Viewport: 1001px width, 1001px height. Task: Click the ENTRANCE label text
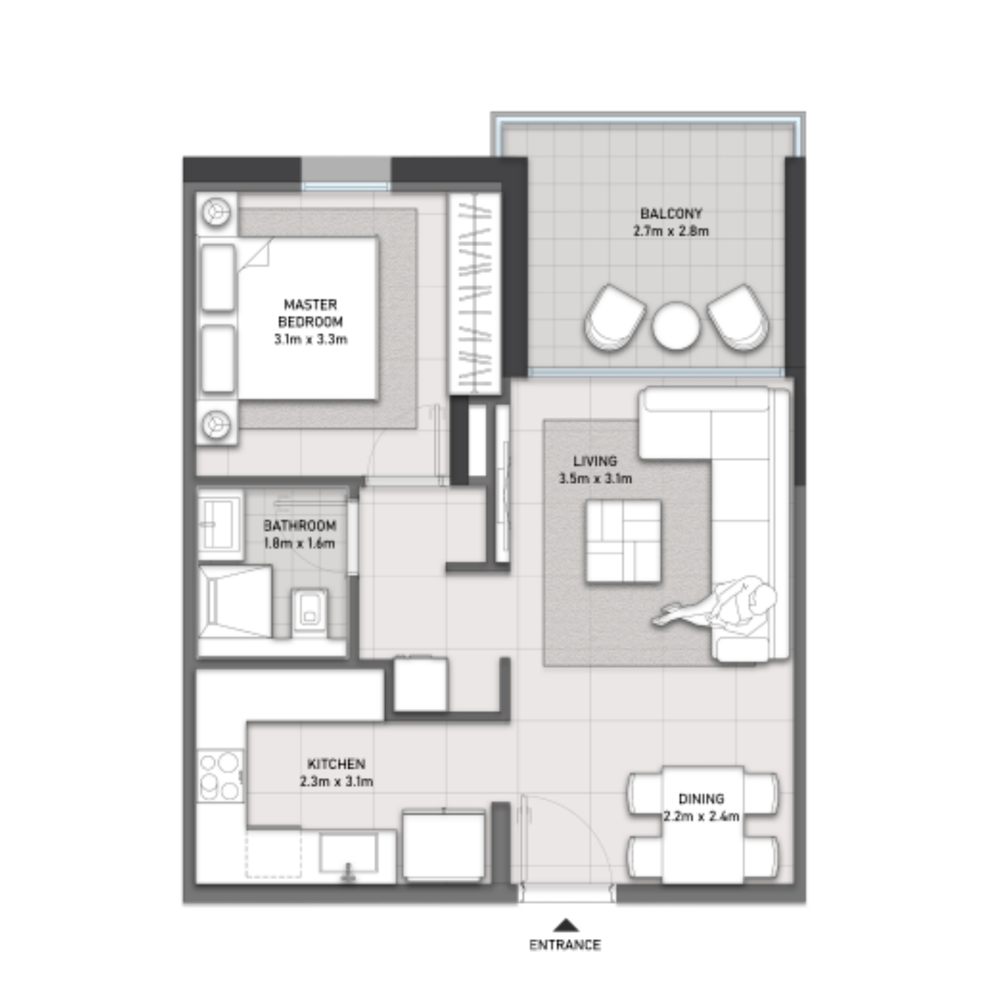[564, 944]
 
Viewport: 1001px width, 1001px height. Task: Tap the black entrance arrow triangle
[566, 925]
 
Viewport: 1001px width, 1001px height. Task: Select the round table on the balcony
[675, 326]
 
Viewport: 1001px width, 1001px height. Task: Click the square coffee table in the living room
[623, 541]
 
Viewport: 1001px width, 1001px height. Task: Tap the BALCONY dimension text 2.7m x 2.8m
[671, 231]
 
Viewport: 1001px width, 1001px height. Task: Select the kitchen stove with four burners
[220, 776]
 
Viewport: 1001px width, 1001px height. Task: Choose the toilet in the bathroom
[311, 613]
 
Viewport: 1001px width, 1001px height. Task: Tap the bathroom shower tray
[235, 601]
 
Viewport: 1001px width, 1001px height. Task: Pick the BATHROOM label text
[299, 525]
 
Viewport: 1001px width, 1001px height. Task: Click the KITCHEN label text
[336, 764]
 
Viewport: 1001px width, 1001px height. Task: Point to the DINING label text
[701, 799]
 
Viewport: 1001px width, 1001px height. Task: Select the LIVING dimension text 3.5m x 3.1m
[595, 479]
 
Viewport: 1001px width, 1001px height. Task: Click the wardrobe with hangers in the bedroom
[475, 294]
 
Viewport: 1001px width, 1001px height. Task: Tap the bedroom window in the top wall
[345, 186]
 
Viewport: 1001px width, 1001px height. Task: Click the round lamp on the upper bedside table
[216, 212]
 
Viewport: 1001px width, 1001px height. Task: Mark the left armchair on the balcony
[613, 317]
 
